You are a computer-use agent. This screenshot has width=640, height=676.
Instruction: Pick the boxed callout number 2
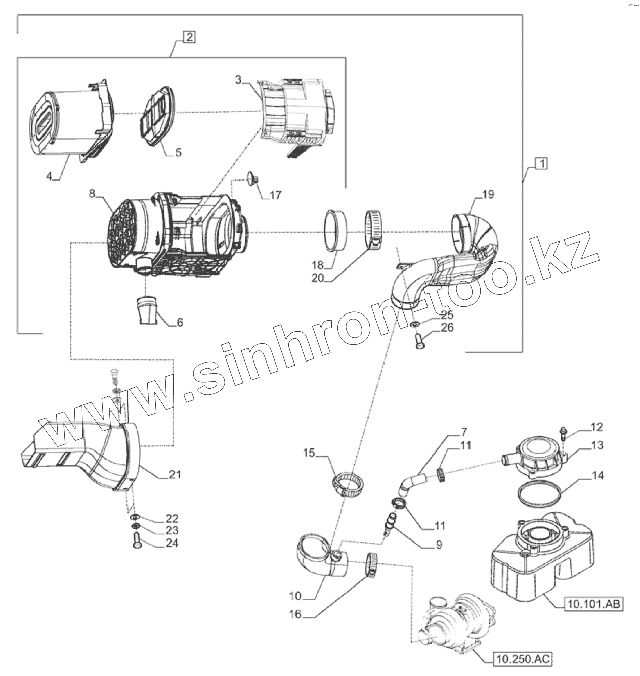[188, 37]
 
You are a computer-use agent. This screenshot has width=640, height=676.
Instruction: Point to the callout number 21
[175, 475]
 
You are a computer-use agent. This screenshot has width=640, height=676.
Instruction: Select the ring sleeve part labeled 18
[334, 230]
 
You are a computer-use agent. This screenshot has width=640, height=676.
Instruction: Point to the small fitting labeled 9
[390, 523]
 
